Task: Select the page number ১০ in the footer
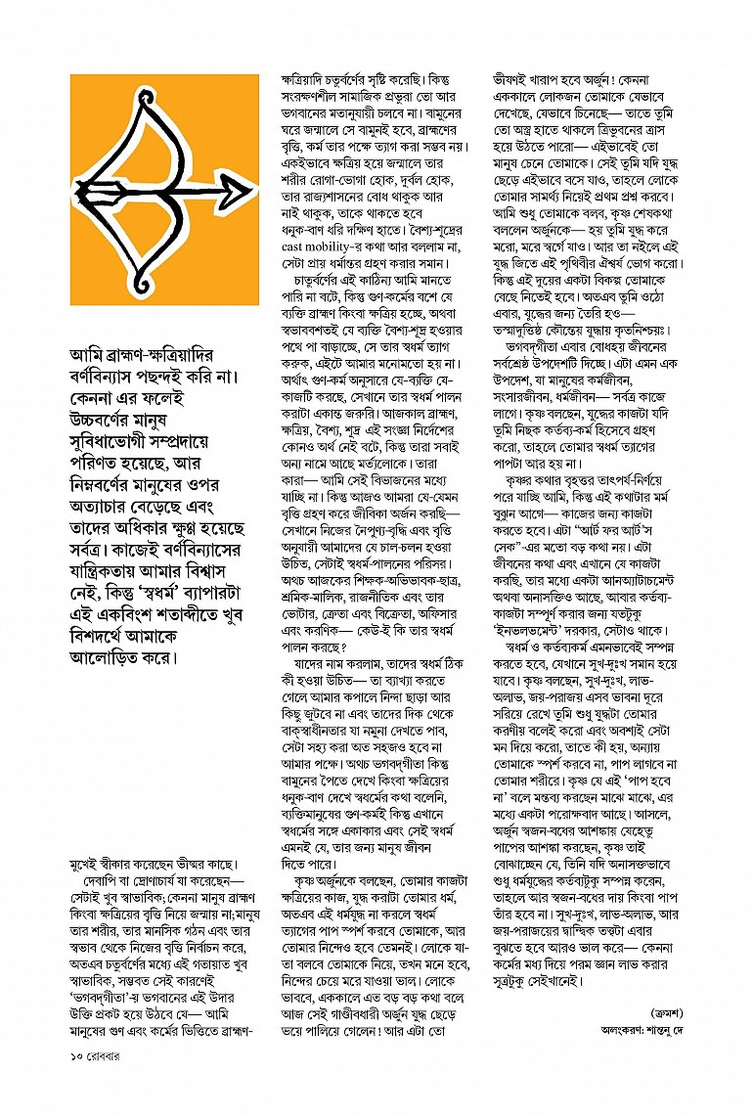[x=77, y=1083]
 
